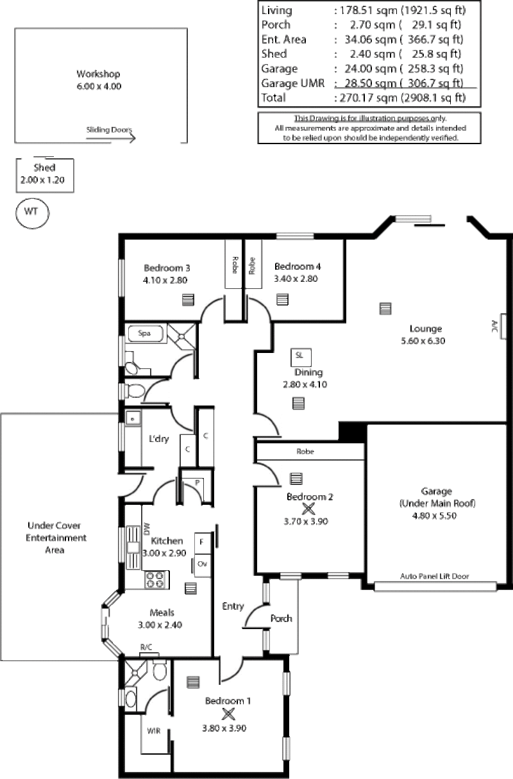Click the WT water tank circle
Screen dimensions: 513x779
pyautogui.click(x=32, y=213)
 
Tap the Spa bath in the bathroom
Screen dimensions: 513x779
pyautogui.click(x=145, y=334)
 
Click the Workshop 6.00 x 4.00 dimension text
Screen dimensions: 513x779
pyautogui.click(x=99, y=86)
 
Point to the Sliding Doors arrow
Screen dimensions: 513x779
pyautogui.click(x=111, y=138)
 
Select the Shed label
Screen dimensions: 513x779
pyautogui.click(x=44, y=168)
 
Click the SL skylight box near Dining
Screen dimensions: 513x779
pyautogui.click(x=301, y=357)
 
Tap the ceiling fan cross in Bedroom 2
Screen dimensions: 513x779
pyautogui.click(x=308, y=509)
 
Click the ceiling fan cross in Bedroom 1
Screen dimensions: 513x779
pyautogui.click(x=228, y=714)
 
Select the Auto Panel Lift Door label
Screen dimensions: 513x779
pyautogui.click(x=434, y=577)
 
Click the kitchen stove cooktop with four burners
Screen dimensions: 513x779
pyautogui.click(x=157, y=580)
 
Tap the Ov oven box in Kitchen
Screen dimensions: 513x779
pyautogui.click(x=203, y=565)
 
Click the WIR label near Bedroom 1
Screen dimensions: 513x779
pyautogui.click(x=153, y=731)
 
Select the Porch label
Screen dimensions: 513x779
pyautogui.click(x=282, y=618)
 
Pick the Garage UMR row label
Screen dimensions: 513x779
pyautogui.click(x=292, y=83)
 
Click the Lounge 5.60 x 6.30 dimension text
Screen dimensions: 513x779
pyautogui.click(x=423, y=341)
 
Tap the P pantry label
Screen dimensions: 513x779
pyautogui.click(x=198, y=482)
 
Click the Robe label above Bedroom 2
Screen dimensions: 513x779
pyautogui.click(x=305, y=452)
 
